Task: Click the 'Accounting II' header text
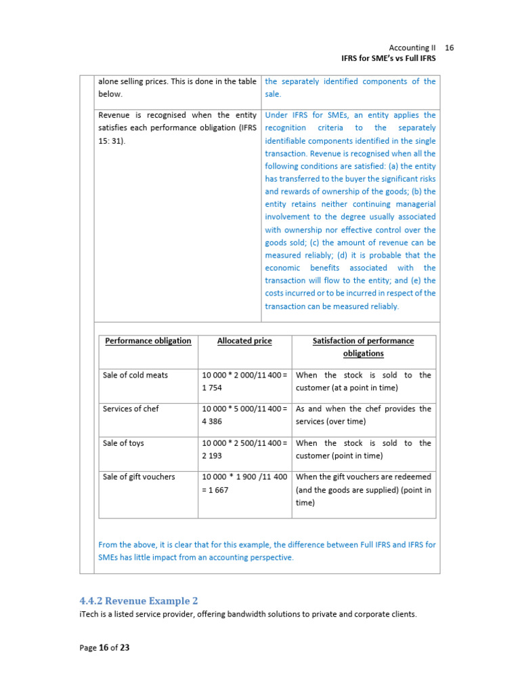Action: point(413,47)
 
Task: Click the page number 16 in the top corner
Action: point(450,47)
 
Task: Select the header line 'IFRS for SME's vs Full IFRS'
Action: point(388,59)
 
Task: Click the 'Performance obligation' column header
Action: point(148,341)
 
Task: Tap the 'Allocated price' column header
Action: point(244,341)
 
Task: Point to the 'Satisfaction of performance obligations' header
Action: point(363,347)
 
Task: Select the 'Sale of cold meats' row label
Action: point(135,375)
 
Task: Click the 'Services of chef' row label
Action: point(131,409)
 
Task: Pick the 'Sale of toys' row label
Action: point(123,443)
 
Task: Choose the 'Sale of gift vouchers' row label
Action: point(139,476)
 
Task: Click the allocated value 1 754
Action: point(212,388)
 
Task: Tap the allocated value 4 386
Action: point(212,422)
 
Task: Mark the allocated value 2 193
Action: point(212,455)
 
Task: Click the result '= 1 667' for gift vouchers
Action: point(217,489)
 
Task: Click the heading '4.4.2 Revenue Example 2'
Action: point(139,600)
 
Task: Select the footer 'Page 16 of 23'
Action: point(104,647)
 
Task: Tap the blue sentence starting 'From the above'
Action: point(267,550)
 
